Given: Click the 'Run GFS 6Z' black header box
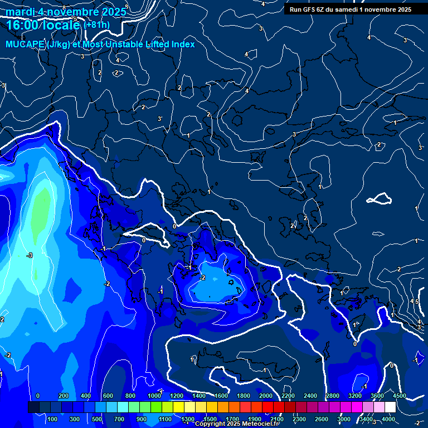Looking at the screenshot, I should tap(350, 9).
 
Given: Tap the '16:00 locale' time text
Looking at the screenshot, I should tap(43, 25).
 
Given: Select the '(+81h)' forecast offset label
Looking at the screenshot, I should tap(96, 25).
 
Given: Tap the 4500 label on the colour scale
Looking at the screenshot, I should tap(399, 396).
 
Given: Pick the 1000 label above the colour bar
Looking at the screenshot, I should tap(154, 396).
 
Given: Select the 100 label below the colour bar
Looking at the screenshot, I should tap(53, 419).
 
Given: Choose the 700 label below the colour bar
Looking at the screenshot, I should tap(119, 419).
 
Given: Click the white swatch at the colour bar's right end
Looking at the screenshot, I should tap(390, 407).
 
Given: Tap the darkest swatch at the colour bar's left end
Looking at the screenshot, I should tap(33, 407).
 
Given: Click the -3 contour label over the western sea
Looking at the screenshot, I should tap(30, 255).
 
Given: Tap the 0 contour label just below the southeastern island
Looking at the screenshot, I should tap(354, 344).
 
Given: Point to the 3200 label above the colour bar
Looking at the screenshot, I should tap(354, 396).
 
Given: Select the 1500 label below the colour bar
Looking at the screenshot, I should tap(210, 419).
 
